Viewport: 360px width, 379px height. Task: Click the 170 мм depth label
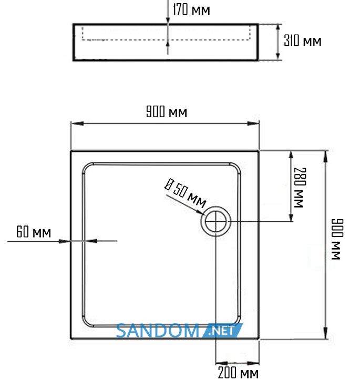coord(191,10)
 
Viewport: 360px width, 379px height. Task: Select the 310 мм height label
coord(303,40)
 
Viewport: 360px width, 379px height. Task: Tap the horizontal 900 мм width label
coord(167,112)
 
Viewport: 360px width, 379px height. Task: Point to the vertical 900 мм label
coord(337,239)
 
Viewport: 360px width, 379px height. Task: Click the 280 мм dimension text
coord(300,187)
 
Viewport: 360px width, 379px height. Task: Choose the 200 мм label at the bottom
coord(238,372)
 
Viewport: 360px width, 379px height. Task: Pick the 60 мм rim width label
coord(34,232)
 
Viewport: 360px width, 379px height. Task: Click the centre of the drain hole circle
coord(216,221)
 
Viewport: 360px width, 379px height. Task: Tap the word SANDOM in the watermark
coord(158,331)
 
